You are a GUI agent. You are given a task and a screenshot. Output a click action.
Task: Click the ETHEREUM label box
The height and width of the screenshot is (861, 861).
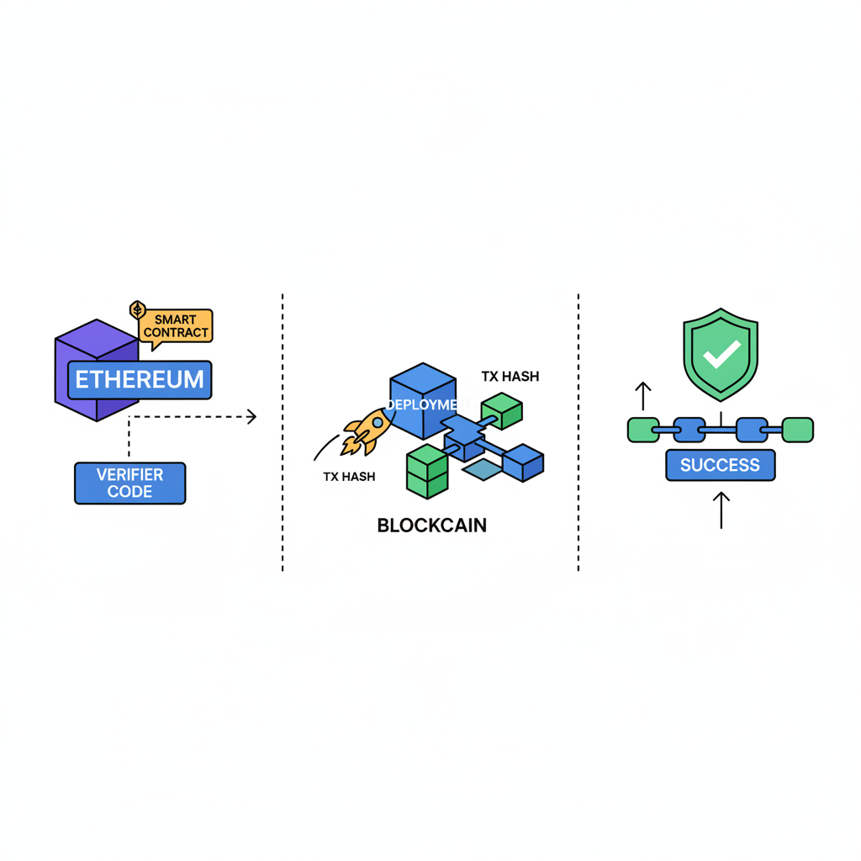tap(139, 380)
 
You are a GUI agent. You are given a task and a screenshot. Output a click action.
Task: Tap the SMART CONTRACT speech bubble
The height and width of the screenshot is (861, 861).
tap(176, 326)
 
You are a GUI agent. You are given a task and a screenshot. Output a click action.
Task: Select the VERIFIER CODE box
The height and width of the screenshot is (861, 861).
tap(129, 483)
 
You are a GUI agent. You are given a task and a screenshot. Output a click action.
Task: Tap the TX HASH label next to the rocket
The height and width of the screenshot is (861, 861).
tap(349, 477)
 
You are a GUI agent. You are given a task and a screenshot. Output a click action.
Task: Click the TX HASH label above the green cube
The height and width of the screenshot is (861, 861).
tap(510, 376)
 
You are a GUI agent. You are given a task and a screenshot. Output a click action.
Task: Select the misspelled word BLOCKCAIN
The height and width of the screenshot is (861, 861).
tap(431, 526)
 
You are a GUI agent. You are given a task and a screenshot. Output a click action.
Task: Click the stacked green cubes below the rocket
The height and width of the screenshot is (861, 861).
tap(427, 473)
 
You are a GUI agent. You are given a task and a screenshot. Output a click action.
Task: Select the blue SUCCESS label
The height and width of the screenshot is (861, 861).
tap(720, 465)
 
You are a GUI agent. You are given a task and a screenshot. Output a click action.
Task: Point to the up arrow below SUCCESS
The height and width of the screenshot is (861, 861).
tap(721, 510)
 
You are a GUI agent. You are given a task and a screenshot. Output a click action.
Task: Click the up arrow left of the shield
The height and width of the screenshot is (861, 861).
tap(642, 396)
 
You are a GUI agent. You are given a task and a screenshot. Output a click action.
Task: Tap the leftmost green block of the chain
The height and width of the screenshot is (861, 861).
tap(643, 430)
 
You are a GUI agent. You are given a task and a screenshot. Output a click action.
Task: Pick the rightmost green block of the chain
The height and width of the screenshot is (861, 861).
tap(798, 430)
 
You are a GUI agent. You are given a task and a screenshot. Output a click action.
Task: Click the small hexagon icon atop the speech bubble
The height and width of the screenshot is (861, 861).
tap(138, 310)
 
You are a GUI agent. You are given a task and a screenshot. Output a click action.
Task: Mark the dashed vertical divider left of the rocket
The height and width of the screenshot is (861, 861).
tap(283, 433)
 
